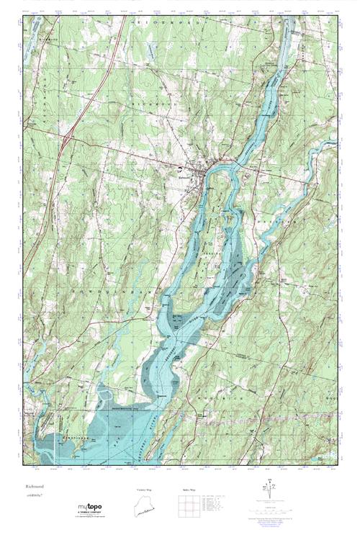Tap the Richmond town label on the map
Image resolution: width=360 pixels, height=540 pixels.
(x=186, y=174)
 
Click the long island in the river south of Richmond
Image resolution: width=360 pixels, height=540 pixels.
(x=216, y=238)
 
